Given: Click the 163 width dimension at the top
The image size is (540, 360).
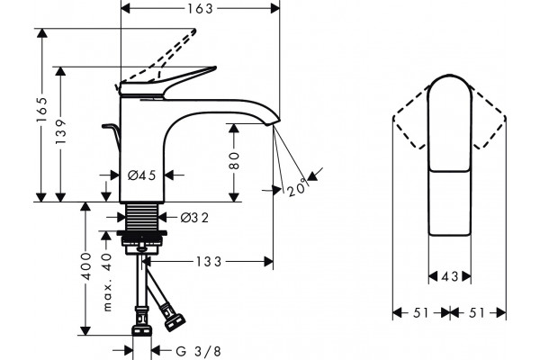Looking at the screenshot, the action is pos(200,8).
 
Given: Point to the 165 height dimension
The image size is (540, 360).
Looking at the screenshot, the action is pos(41,110).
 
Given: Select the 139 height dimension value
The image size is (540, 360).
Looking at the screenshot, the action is pos(60,131).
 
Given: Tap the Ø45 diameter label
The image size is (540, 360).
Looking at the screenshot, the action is pos(142,175).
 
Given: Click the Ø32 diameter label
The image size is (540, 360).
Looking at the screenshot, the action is pos(195,218).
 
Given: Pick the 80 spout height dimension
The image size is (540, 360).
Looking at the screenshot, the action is pos(234,160).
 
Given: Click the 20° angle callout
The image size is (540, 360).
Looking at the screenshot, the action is pos(296,187).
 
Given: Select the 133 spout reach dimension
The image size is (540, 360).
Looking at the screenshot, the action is pos(209,262).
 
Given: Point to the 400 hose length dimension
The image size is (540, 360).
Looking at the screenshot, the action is pos(85,266).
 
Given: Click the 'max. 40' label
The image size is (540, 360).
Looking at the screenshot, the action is pos(107,282).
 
